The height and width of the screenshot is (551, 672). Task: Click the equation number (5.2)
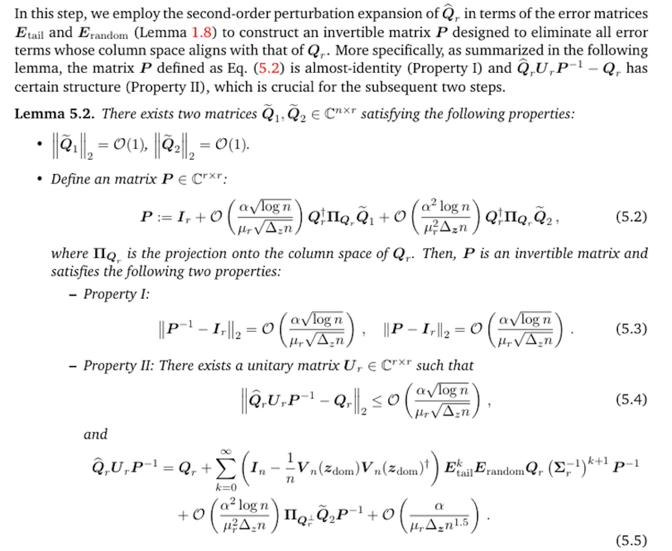631,217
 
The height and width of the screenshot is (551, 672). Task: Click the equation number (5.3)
631,329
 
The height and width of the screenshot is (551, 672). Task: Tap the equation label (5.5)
631,541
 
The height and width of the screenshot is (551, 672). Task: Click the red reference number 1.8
202,33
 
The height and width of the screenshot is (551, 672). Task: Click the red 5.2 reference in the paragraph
268,68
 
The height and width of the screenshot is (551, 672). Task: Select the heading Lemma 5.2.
54,114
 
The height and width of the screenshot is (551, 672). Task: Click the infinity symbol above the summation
226,452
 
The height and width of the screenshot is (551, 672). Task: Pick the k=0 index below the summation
226,487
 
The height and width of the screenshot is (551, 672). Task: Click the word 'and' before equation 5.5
95,435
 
